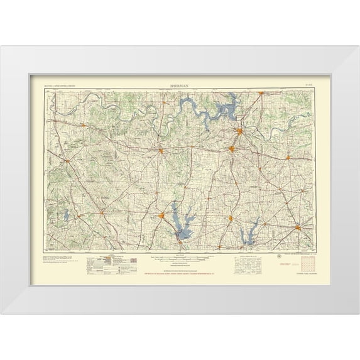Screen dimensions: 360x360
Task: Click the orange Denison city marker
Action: (x=241, y=131)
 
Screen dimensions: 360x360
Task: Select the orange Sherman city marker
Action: (x=232, y=149)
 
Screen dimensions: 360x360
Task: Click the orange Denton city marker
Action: (x=161, y=217)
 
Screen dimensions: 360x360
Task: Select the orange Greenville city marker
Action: (x=298, y=227)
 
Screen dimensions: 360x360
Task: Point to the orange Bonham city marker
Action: (x=286, y=156)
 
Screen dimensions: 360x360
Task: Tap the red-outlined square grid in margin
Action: (x=307, y=263)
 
